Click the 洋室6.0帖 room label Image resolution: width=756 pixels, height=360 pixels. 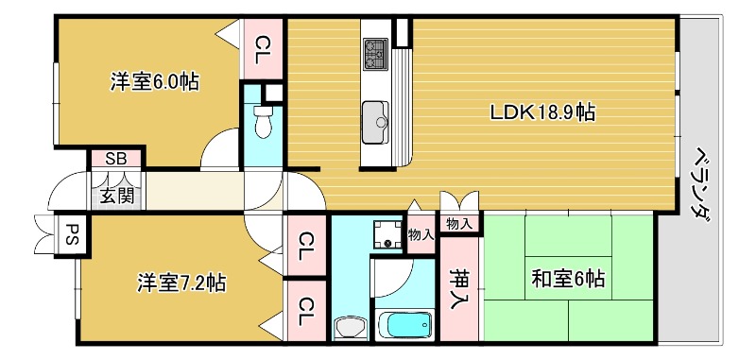154,82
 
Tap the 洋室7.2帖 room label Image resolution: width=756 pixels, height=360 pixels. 180,283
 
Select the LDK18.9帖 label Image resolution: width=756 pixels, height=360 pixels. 541,112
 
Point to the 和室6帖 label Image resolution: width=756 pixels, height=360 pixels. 567,280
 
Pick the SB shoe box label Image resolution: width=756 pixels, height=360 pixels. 116,159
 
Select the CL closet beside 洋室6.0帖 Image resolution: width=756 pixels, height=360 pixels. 264,44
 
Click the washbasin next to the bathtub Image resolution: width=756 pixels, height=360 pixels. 352,328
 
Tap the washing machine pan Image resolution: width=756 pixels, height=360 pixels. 387,234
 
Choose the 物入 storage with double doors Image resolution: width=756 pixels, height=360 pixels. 460,224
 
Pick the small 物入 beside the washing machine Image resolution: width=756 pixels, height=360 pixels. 421,234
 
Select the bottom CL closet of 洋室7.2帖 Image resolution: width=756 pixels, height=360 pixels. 306,308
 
